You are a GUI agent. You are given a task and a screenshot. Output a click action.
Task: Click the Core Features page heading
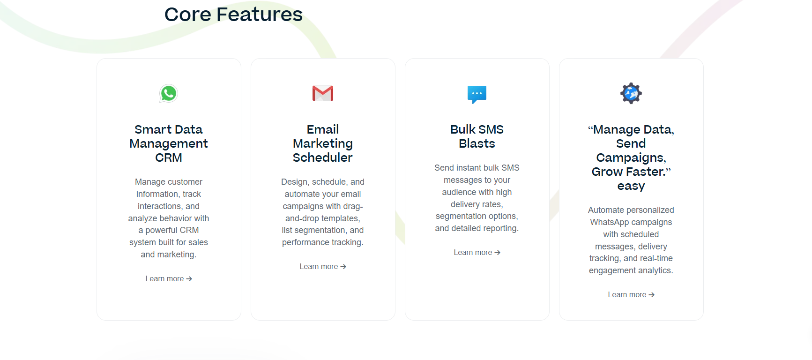(x=233, y=15)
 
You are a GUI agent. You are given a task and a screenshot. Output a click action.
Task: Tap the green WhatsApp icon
(x=169, y=93)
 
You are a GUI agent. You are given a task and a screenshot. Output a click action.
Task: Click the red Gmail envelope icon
(x=323, y=93)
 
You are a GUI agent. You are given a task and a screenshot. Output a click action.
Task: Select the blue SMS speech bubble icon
(x=477, y=94)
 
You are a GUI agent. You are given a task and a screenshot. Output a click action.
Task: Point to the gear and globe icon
(x=631, y=93)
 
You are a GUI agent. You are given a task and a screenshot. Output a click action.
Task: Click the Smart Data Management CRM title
(x=169, y=143)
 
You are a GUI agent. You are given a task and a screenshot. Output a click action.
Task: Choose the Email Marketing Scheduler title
(x=323, y=143)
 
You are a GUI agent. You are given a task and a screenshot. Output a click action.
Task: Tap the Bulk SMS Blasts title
(x=477, y=136)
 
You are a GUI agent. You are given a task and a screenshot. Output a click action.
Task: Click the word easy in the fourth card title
(x=631, y=186)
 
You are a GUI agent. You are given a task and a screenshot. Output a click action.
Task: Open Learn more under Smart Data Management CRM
(x=169, y=279)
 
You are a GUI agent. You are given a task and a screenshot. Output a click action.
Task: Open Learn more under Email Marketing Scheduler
(x=323, y=267)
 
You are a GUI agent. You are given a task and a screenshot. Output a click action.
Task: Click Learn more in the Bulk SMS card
(x=477, y=253)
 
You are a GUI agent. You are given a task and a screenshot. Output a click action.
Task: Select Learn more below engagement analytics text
(x=631, y=295)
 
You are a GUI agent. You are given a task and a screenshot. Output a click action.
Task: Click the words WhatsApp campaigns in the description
(x=631, y=222)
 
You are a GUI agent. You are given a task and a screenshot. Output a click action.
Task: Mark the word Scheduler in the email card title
(x=323, y=157)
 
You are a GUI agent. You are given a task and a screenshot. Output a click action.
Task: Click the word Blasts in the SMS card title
(x=477, y=143)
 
